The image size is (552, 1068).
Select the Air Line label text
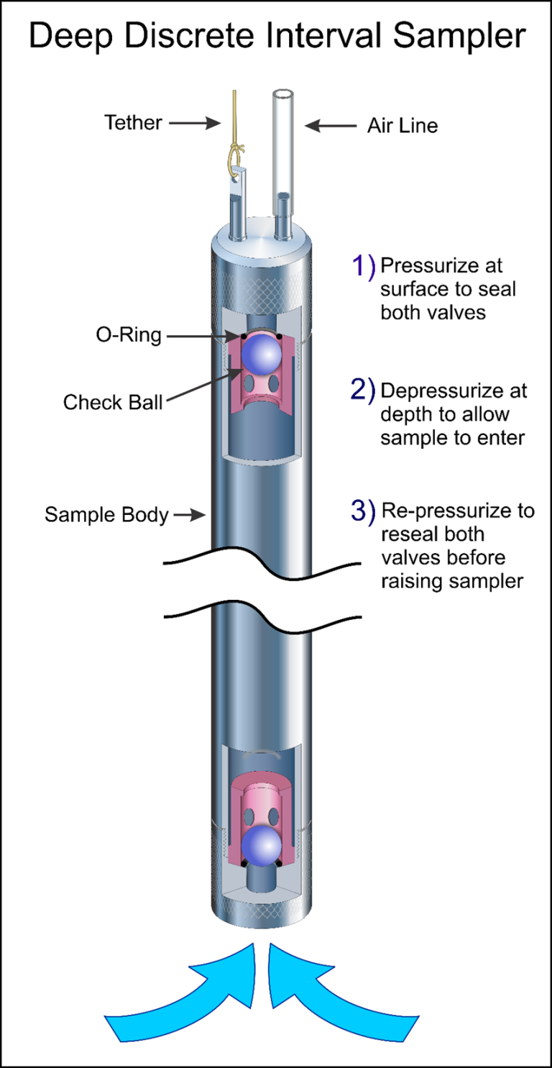[x=402, y=126]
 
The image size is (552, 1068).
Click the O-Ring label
[x=130, y=334]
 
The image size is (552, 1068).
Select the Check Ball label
[x=113, y=401]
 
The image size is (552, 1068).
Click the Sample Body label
[x=106, y=514]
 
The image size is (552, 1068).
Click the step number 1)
[x=363, y=266]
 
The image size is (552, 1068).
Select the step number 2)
[x=363, y=390]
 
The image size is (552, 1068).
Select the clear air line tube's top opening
[x=282, y=94]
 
